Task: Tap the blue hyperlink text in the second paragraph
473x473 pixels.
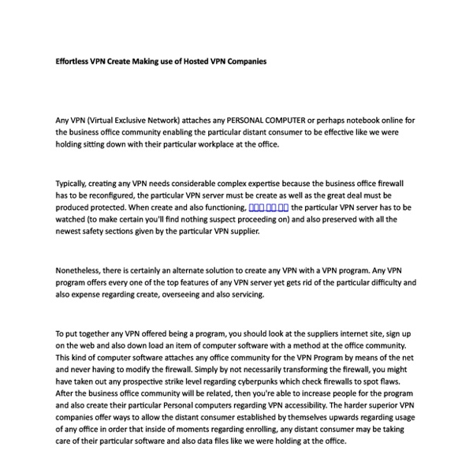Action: point(268,207)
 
